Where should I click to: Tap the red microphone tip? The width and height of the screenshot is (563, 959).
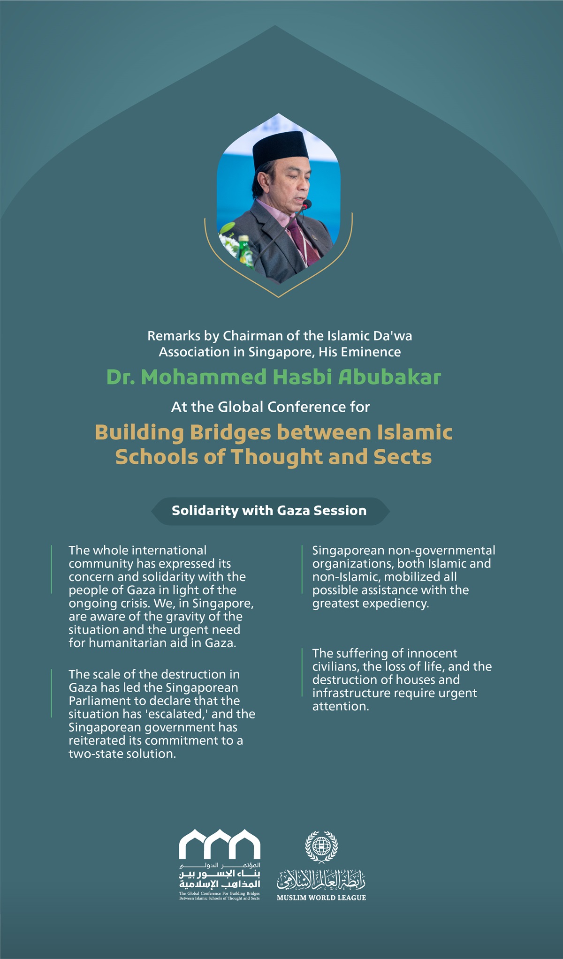pos(307,204)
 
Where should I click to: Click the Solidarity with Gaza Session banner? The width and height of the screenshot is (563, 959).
pos(269,511)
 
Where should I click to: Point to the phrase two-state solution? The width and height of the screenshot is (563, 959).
pos(122,754)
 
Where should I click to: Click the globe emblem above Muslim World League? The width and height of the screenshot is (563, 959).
pos(321,846)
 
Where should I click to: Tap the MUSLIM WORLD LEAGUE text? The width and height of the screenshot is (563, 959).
pos(321,898)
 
